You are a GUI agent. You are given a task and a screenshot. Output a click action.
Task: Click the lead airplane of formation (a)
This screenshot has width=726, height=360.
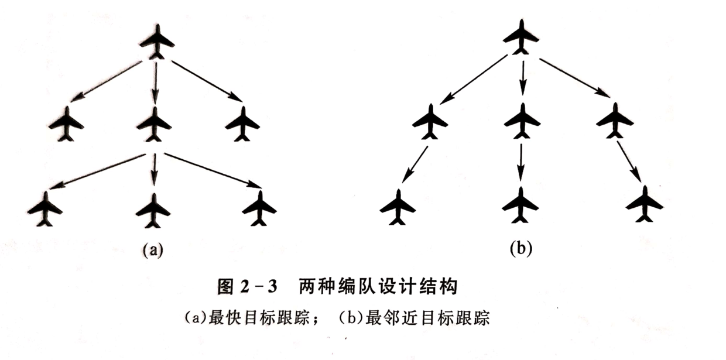tap(156, 42)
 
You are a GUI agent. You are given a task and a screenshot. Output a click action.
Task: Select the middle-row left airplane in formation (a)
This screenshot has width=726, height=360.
tap(66, 124)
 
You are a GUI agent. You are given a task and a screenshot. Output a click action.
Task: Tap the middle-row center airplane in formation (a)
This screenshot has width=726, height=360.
tap(154, 124)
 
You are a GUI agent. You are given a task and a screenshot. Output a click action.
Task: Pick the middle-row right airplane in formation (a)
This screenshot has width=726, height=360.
tap(242, 124)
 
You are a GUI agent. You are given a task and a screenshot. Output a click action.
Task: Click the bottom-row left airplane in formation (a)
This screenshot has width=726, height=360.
tap(44, 208)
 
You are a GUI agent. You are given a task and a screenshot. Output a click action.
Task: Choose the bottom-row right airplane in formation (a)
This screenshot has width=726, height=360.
tap(259, 208)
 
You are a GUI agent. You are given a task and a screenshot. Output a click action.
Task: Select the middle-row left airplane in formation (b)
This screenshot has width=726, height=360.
tap(430, 122)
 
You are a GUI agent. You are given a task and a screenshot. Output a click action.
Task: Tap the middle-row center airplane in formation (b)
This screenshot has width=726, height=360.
tap(522, 122)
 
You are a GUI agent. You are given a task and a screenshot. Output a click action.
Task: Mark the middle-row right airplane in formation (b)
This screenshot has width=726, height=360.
tap(614, 121)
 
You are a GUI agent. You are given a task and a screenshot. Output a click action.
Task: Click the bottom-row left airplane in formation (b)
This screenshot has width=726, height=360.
tap(398, 207)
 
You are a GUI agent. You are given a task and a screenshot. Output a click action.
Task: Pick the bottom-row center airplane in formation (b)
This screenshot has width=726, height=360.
tap(520, 205)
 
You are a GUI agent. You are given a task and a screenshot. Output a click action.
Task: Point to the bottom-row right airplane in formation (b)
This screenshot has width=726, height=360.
tap(644, 204)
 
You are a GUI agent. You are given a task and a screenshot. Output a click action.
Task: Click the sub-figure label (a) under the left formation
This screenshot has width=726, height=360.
tap(153, 251)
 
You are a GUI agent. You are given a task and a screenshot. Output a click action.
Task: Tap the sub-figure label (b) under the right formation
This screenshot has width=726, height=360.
tap(520, 249)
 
